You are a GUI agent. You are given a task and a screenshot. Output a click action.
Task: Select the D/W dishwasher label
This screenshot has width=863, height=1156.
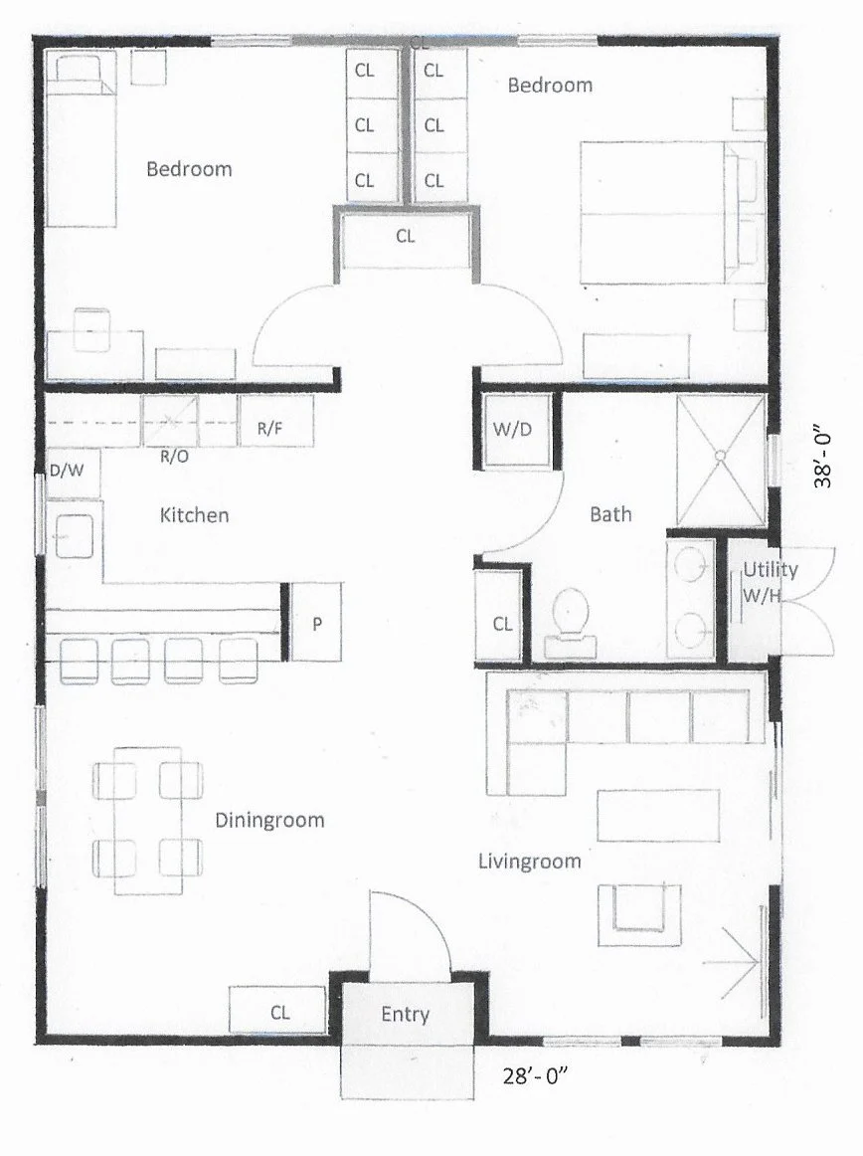(66, 471)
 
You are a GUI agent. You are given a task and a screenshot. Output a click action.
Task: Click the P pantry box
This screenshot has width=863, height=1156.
(317, 624)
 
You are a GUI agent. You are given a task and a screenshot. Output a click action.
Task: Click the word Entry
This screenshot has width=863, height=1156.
(406, 1014)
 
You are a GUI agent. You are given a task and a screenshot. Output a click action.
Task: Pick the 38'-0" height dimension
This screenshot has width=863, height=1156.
(824, 459)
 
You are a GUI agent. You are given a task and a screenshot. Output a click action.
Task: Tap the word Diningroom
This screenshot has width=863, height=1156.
(269, 821)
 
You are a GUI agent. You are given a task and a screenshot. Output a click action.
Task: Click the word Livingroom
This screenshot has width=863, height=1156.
(529, 861)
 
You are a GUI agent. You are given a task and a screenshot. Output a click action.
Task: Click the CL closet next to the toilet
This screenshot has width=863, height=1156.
(502, 624)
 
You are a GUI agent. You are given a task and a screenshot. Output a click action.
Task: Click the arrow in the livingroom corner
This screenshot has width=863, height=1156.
(733, 962)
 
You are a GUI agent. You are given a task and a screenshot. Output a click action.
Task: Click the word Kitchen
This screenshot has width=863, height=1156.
(194, 515)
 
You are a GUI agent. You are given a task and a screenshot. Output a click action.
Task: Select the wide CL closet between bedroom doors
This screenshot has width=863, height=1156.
(406, 237)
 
